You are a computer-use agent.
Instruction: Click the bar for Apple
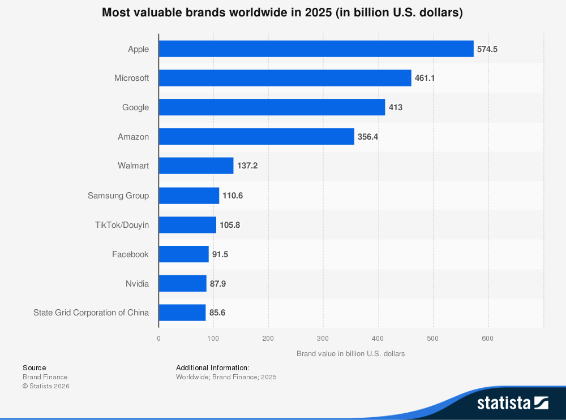coord(316,49)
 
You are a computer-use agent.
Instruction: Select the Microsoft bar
coord(285,78)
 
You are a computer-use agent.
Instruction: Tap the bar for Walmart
coord(196,166)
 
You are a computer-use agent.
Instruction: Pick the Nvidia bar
coord(182,283)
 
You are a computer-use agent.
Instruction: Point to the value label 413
coord(396,107)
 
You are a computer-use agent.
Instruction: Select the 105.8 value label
coord(230,225)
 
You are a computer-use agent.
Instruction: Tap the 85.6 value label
coord(217,313)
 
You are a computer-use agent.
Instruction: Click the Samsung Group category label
coord(118,196)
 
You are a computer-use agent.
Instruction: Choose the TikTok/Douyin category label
coord(122,225)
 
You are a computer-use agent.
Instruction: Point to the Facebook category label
coord(130,254)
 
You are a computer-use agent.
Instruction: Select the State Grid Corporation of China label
coord(91,313)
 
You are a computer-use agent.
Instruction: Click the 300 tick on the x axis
coord(323,339)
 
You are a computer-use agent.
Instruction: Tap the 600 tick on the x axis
coord(487,339)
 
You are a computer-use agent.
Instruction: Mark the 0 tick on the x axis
coord(158,339)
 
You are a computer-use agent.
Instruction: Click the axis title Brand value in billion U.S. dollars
coord(351,354)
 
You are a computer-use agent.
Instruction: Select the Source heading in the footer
coord(35,367)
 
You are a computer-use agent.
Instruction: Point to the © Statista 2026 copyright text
coord(46,386)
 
